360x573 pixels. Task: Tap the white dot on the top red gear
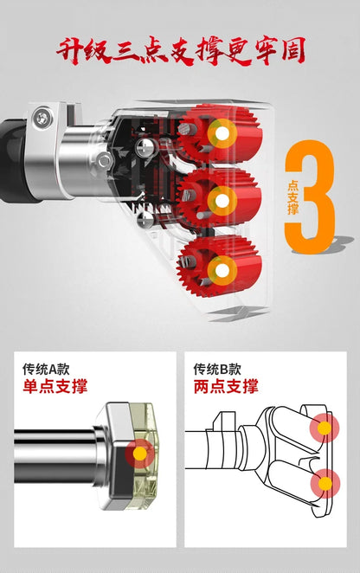tap(222, 134)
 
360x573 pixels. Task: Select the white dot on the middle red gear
tap(222, 201)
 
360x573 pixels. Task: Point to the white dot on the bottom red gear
tap(222, 271)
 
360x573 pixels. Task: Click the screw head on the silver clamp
tap(42, 119)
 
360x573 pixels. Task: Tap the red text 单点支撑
tap(55, 387)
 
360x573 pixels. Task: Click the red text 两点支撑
tap(226, 387)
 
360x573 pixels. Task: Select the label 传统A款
tap(46, 369)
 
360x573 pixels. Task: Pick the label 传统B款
tap(217, 369)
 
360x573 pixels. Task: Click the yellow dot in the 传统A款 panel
tap(139, 454)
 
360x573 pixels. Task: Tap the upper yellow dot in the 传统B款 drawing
tap(325, 428)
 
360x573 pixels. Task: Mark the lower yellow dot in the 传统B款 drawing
tap(325, 484)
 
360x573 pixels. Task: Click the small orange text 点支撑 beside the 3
tap(292, 197)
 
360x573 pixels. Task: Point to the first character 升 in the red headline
tap(70, 50)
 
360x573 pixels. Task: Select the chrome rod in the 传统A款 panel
tap(55, 456)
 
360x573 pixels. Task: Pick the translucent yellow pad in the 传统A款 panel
tap(144, 457)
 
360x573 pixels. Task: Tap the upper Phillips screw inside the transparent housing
tap(145, 148)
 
